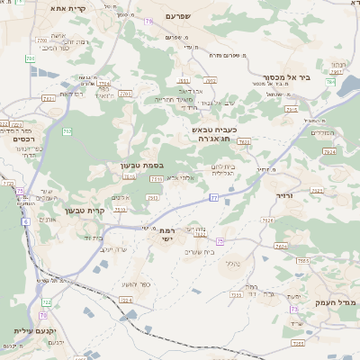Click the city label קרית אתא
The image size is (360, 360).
(67, 8)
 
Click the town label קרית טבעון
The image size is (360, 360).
(85, 211)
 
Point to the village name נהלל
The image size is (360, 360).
(231, 263)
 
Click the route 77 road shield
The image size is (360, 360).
(213, 196)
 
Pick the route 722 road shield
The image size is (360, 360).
(46, 301)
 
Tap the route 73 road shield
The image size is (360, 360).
(293, 309)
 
